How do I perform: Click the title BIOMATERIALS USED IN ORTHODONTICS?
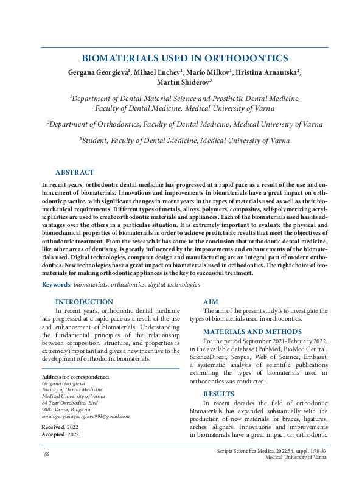click(x=184, y=58)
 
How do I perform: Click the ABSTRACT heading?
click(x=74, y=173)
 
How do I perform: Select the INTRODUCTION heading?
click(x=84, y=302)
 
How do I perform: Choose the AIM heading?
click(x=211, y=302)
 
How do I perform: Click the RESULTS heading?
click(x=218, y=394)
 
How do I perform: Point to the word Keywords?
click(x=55, y=285)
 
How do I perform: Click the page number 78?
click(x=46, y=455)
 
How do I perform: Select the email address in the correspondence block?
click(x=85, y=416)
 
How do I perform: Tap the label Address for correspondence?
click(x=75, y=377)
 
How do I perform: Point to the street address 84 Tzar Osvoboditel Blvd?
click(x=70, y=403)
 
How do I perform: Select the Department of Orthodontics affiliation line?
click(x=185, y=124)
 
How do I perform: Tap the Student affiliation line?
click(x=184, y=141)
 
